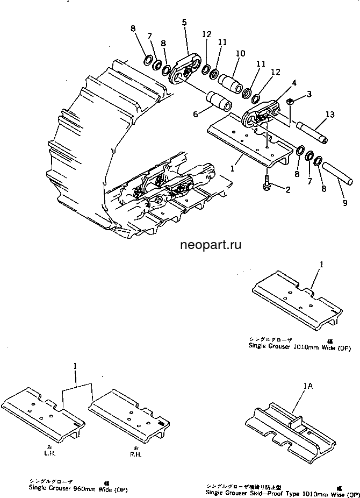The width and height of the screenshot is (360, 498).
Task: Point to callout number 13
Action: point(329,115)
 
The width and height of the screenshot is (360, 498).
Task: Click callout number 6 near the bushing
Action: point(196,113)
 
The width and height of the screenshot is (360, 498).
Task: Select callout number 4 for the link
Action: point(293,83)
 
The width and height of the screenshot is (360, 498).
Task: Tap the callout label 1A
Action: point(308,386)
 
